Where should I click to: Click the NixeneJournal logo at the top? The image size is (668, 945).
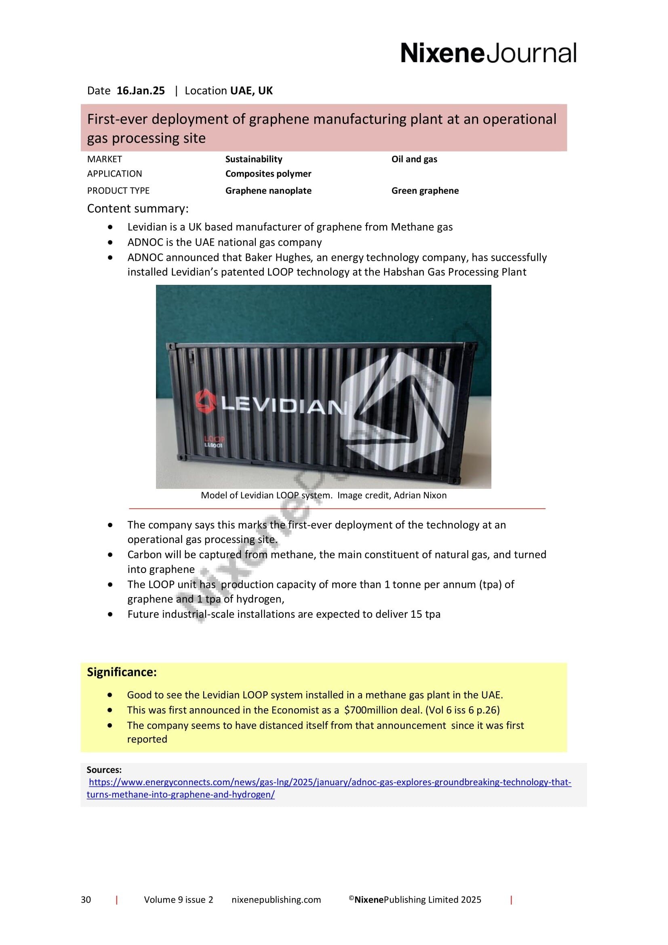tap(488, 53)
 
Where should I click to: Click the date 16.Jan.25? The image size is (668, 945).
tap(140, 91)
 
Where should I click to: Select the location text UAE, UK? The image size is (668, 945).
tap(251, 91)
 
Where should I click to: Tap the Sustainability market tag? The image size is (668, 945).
tap(253, 159)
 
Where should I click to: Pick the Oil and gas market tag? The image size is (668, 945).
tap(414, 159)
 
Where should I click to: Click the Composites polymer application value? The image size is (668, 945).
tap(268, 174)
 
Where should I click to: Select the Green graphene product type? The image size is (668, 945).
tap(425, 191)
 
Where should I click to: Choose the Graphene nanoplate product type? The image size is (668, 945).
tap(268, 191)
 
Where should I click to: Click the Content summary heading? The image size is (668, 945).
tap(137, 208)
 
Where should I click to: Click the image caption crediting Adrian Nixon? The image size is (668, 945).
tap(324, 495)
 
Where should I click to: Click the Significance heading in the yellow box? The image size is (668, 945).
tap(121, 672)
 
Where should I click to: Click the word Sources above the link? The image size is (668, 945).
tap(104, 770)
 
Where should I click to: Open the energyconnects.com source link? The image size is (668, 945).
tap(329, 783)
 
